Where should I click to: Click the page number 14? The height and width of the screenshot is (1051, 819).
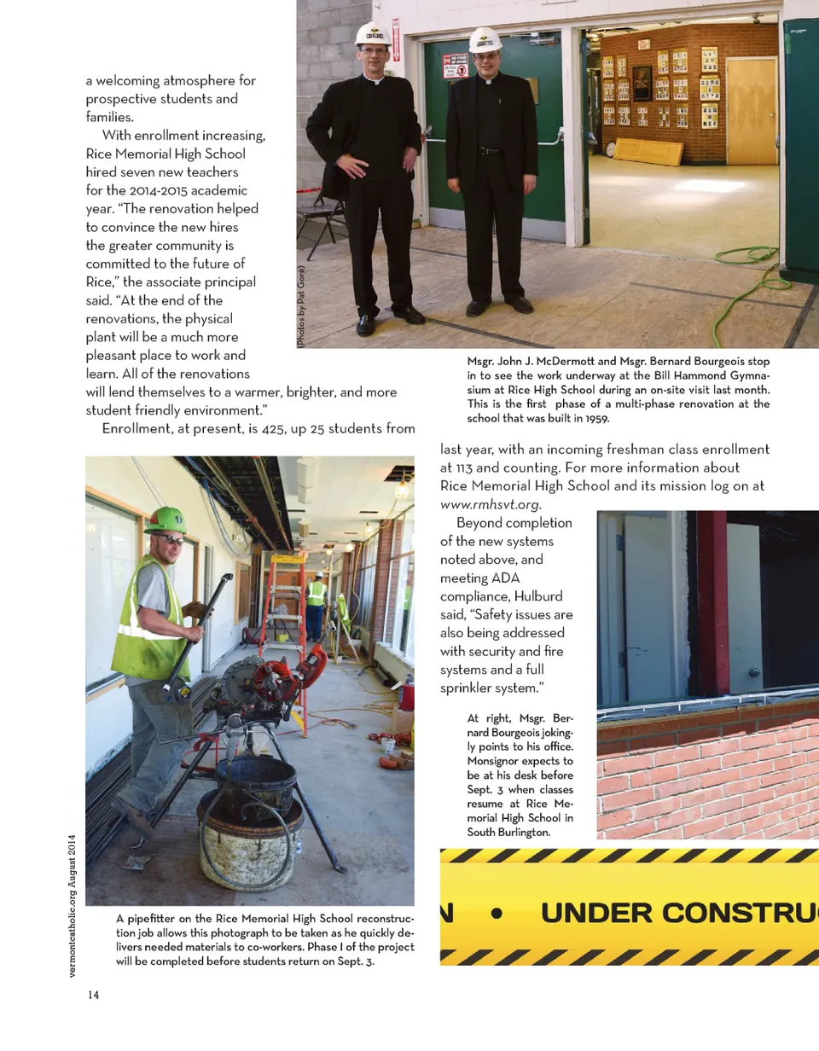(x=92, y=995)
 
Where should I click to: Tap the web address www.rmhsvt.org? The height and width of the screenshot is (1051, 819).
(x=490, y=503)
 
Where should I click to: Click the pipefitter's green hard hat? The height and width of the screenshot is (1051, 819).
(x=166, y=519)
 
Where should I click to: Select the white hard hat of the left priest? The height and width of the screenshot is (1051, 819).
(x=373, y=34)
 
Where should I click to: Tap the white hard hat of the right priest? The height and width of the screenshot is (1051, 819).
(x=485, y=39)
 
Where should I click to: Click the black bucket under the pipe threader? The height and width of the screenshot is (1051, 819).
(x=255, y=781)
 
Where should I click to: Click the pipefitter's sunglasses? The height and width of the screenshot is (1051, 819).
(x=171, y=538)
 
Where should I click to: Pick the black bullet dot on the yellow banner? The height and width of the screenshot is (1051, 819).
(x=497, y=912)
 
